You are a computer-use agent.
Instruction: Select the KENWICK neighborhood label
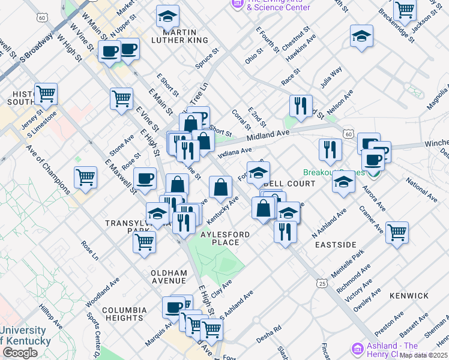click(409, 296)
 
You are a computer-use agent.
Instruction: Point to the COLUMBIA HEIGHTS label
click(124, 314)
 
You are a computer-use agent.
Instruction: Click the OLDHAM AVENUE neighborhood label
click(169, 276)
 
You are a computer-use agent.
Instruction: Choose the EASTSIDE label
click(335, 245)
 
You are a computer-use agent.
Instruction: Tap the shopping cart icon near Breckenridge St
click(405, 10)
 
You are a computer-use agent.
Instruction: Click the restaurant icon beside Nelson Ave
click(301, 106)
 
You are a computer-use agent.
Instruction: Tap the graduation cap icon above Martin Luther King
click(167, 16)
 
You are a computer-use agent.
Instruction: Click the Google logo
click(20, 353)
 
